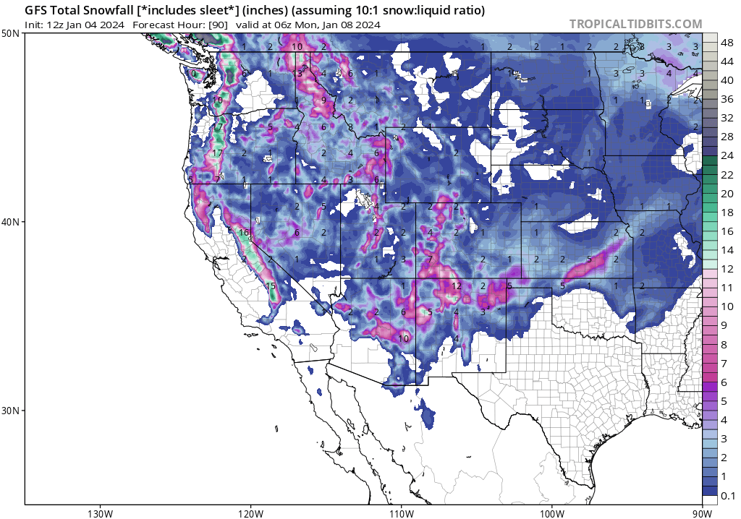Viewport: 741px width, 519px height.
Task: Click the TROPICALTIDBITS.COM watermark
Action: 635,24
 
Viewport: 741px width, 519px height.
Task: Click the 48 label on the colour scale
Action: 727,43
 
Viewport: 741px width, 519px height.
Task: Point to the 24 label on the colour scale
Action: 727,156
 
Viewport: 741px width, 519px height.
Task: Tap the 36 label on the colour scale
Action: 727,100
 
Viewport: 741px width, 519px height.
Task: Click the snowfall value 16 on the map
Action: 244,232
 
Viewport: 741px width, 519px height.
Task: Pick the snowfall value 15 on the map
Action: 271,287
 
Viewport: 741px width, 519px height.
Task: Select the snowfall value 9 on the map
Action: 323,101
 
